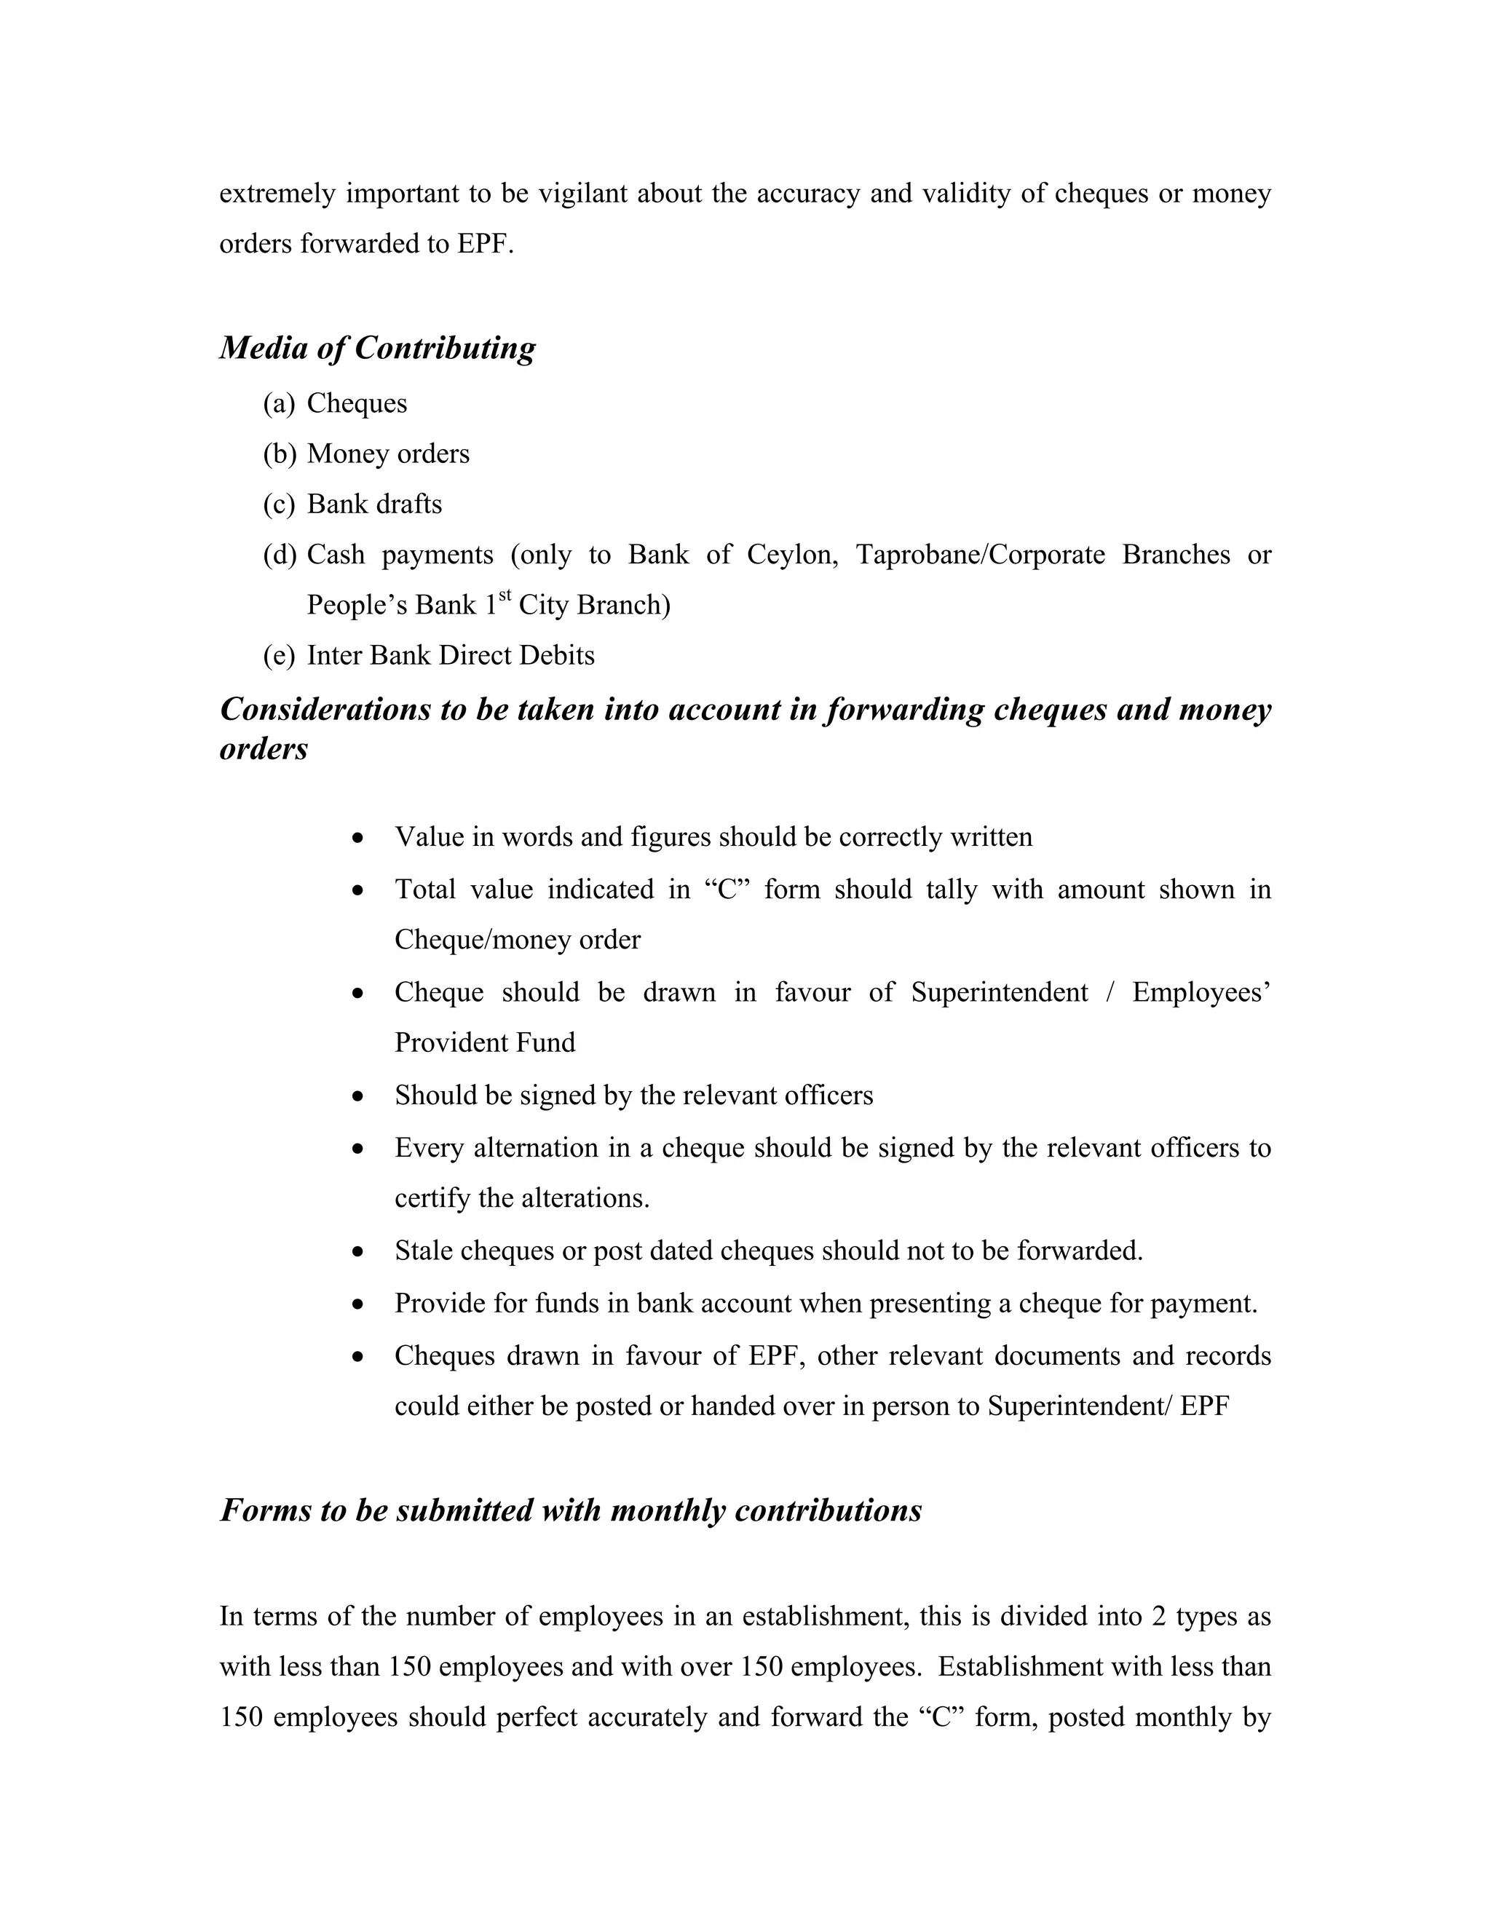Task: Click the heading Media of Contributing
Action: [x=377, y=348]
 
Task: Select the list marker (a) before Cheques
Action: [x=278, y=404]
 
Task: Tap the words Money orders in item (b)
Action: [x=388, y=454]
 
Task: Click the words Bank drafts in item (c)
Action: [x=374, y=504]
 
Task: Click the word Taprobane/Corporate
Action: [x=980, y=555]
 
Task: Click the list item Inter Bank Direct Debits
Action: [x=451, y=655]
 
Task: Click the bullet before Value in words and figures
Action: [x=357, y=837]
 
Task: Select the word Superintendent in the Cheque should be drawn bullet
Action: [x=999, y=993]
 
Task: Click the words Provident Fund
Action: [x=484, y=1043]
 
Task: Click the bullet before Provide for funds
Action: [x=357, y=1304]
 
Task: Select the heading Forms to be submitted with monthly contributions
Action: [x=571, y=1510]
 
